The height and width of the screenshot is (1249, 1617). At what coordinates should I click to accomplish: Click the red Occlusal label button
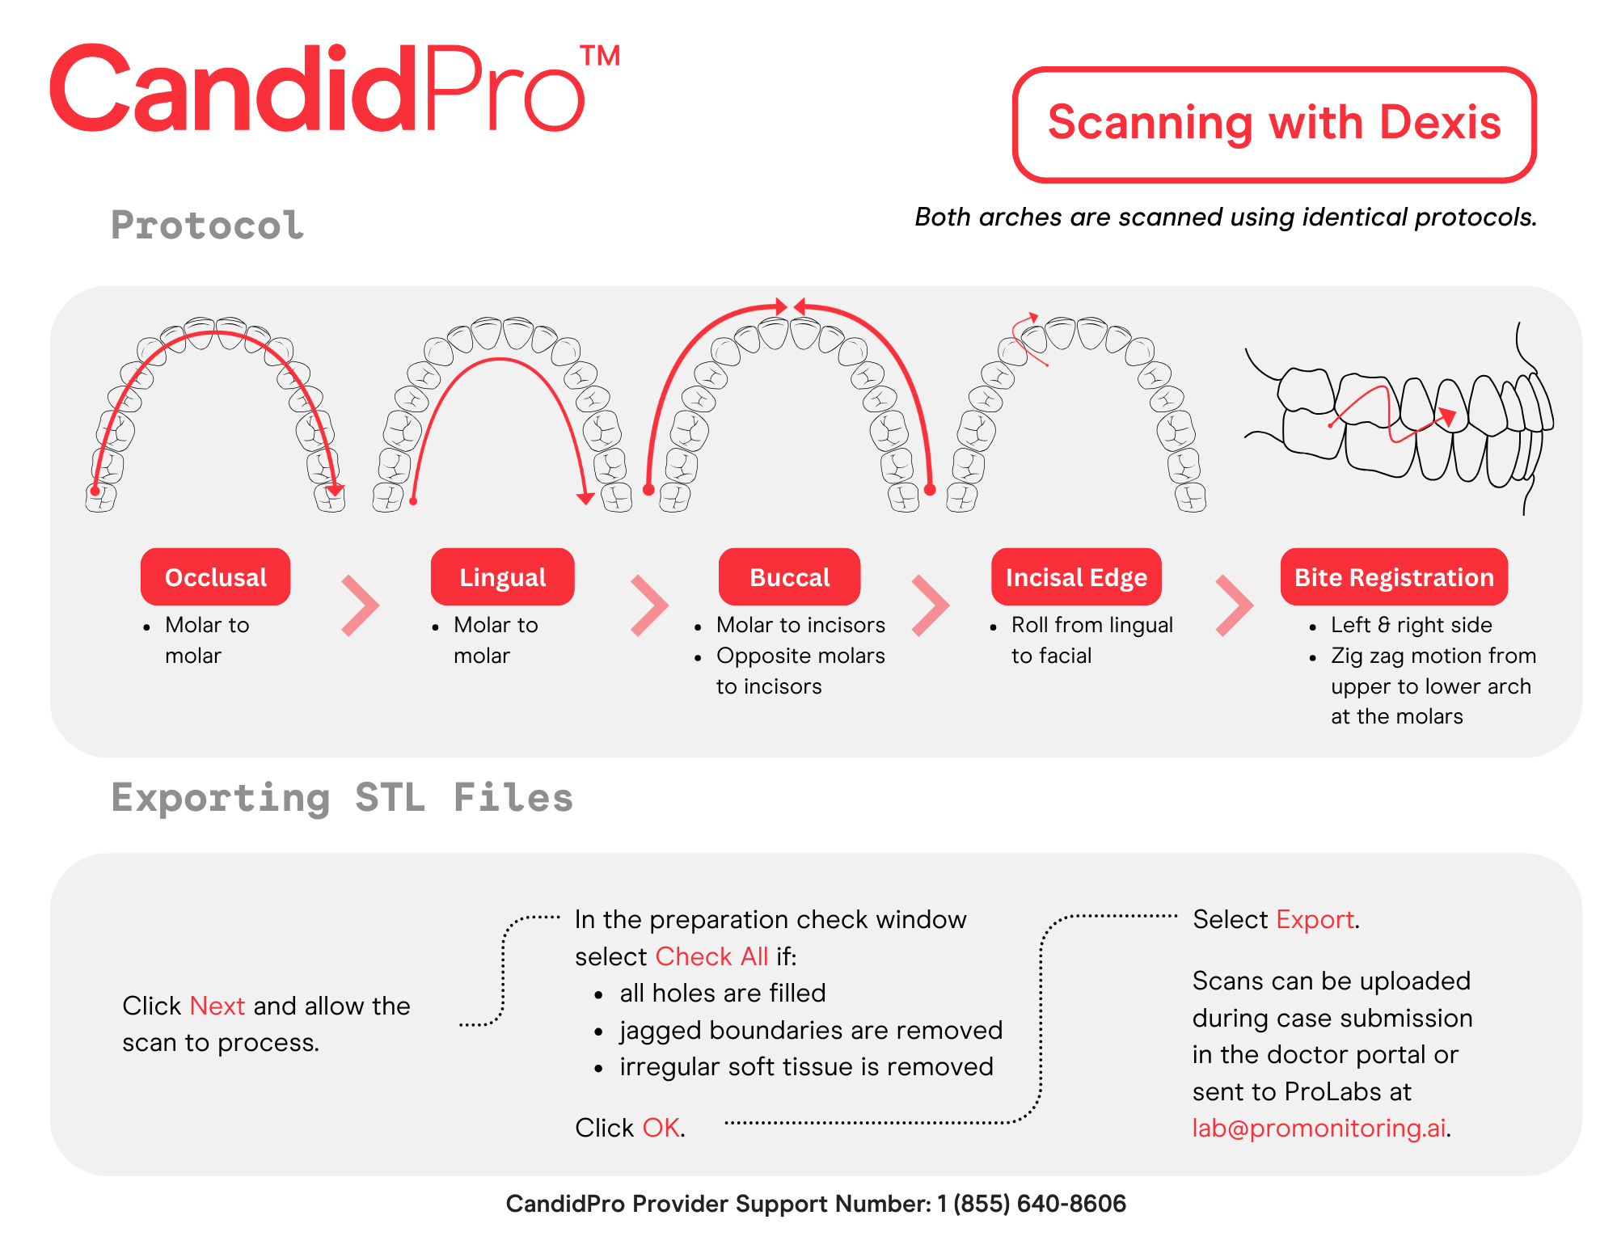point(215,577)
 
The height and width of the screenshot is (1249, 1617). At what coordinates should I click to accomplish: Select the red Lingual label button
point(502,577)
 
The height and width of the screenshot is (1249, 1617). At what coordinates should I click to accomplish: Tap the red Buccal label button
point(789,577)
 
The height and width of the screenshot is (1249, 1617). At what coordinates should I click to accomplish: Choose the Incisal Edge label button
point(1076,577)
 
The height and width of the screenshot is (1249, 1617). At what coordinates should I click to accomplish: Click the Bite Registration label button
point(1394,577)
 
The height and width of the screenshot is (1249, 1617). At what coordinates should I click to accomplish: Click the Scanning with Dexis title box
point(1274,124)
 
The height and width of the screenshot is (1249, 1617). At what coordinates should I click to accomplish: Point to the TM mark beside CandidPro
point(600,56)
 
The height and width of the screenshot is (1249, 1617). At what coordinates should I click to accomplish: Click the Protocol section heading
point(208,225)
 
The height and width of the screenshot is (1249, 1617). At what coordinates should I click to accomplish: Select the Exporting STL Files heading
point(342,798)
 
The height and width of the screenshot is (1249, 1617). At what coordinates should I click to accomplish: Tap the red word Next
point(217,1006)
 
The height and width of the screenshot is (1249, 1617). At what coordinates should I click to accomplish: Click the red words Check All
point(711,956)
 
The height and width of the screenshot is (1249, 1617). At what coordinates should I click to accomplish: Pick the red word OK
point(661,1128)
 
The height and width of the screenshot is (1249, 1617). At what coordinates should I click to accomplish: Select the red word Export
point(1315,919)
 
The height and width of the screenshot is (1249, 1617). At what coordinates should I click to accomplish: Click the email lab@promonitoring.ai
point(1319,1128)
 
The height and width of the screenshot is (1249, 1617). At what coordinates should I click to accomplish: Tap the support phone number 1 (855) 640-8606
point(1031,1204)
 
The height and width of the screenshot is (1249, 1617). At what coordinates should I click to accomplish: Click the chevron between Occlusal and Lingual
point(360,606)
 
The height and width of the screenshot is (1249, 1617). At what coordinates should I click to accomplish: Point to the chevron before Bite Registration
point(1234,606)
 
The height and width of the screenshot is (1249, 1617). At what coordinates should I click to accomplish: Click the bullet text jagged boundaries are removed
point(811,1030)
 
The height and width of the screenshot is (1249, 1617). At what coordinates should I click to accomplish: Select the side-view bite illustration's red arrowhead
point(1447,416)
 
